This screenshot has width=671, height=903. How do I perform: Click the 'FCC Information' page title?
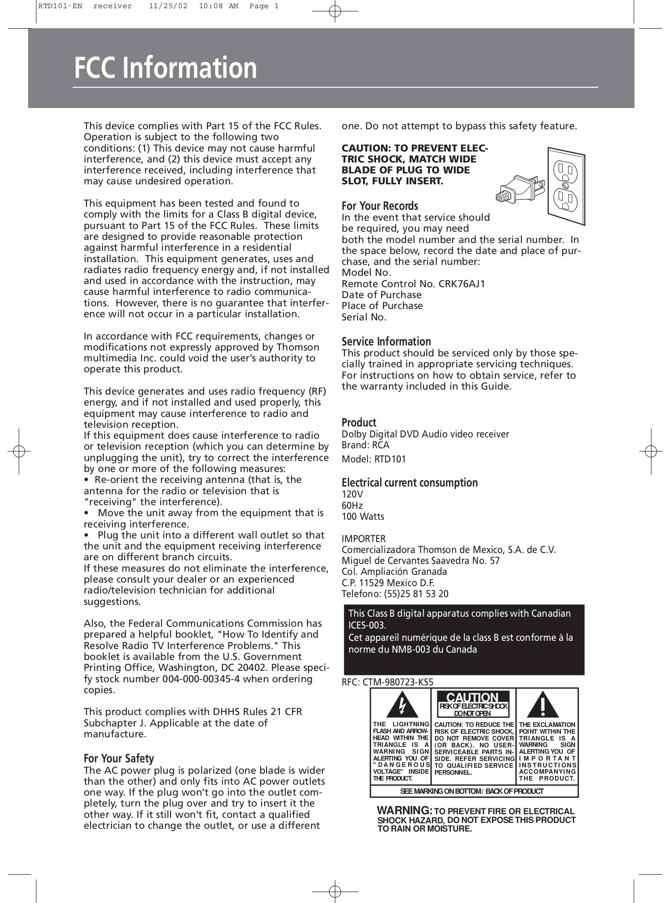pyautogui.click(x=166, y=67)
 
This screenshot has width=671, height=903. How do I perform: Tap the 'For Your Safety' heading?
pyautogui.click(x=119, y=758)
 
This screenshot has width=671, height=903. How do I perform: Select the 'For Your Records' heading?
pyautogui.click(x=379, y=206)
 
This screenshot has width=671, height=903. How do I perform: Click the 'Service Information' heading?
pyautogui.click(x=386, y=341)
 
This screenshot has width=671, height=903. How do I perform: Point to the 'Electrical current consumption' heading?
pyautogui.click(x=409, y=482)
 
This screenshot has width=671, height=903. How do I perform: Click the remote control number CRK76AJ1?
pyautogui.click(x=462, y=284)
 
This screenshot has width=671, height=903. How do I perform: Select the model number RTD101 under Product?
pyautogui.click(x=390, y=459)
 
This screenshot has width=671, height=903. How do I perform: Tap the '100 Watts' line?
pyautogui.click(x=363, y=517)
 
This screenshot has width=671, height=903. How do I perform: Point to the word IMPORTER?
pyautogui.click(x=363, y=538)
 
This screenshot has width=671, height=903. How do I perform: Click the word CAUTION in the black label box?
pyautogui.click(x=472, y=697)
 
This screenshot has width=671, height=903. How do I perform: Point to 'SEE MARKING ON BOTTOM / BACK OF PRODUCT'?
pyautogui.click(x=472, y=791)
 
